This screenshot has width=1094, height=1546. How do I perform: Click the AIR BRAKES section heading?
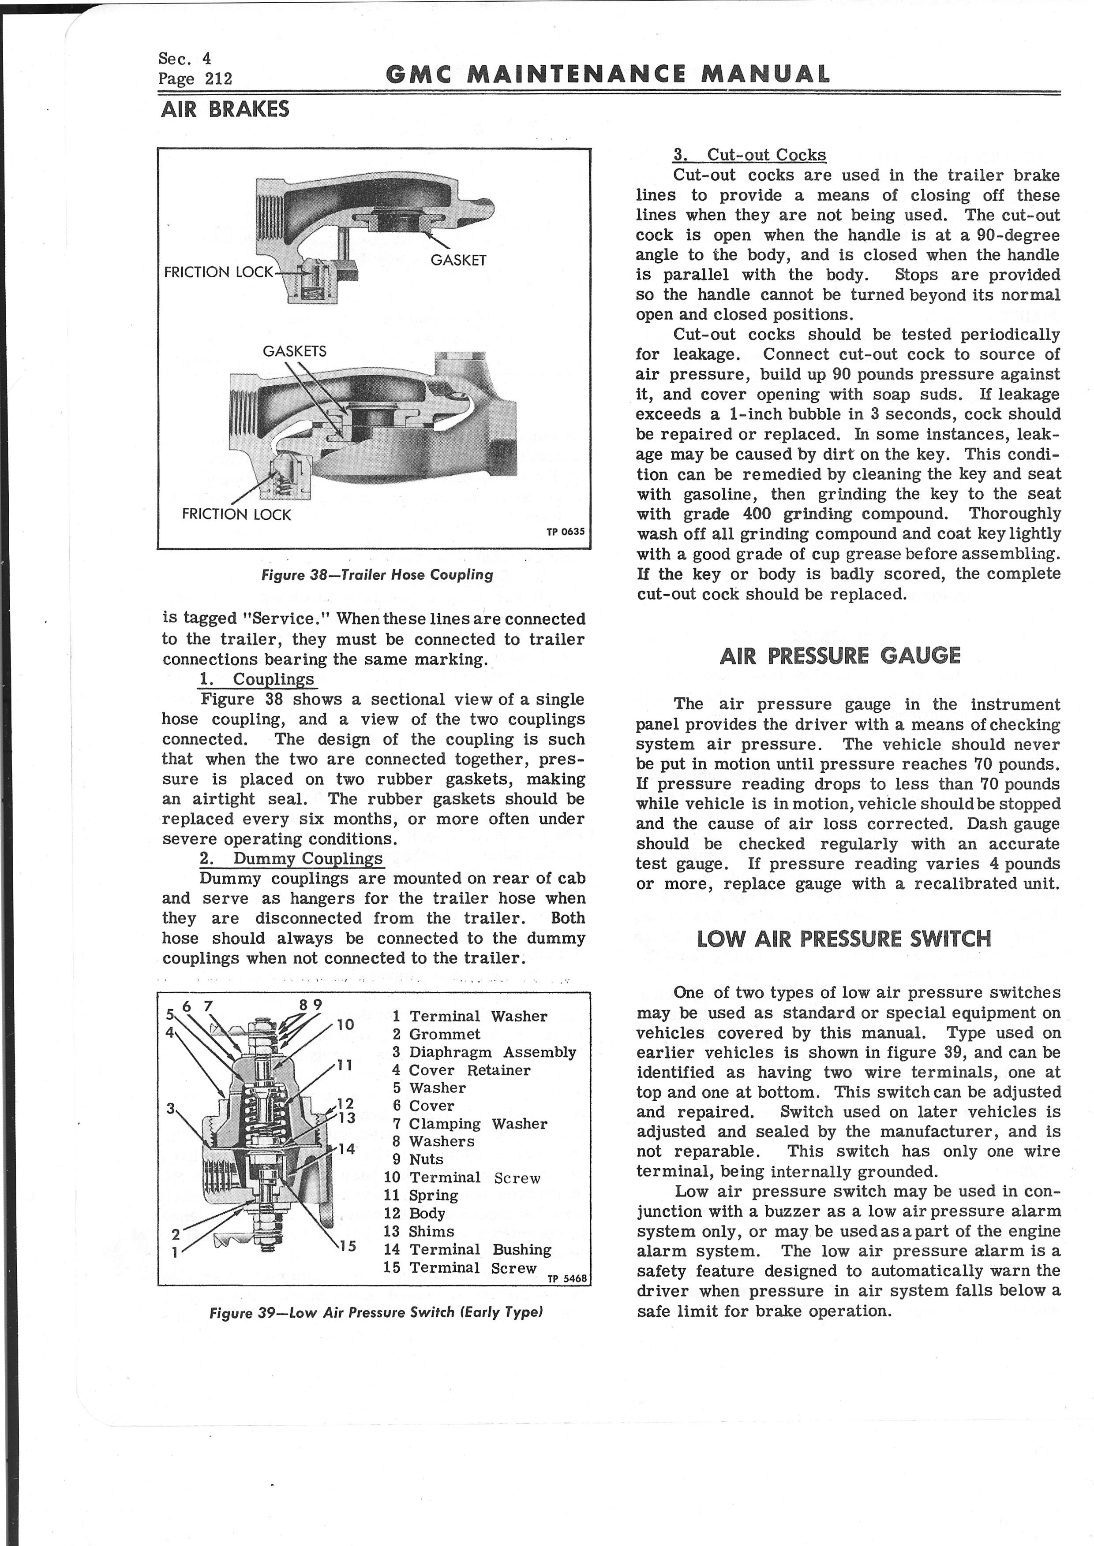pyautogui.click(x=225, y=109)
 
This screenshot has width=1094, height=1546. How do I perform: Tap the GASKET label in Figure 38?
pyautogui.click(x=458, y=261)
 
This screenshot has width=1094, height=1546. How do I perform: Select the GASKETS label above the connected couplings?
pyautogui.click(x=294, y=351)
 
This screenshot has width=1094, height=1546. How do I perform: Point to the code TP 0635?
pyautogui.click(x=566, y=531)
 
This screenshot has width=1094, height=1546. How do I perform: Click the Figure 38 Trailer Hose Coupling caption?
pyautogui.click(x=377, y=575)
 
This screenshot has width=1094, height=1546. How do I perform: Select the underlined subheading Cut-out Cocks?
pyautogui.click(x=749, y=155)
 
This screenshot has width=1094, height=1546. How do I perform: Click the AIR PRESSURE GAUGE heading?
pyautogui.click(x=840, y=656)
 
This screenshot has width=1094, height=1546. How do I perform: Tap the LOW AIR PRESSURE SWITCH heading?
pyautogui.click(x=844, y=939)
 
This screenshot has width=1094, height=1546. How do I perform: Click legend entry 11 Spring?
pyautogui.click(x=421, y=1195)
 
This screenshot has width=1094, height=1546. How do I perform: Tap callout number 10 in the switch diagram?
pyautogui.click(x=345, y=1025)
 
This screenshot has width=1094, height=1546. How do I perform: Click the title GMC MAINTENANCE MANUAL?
pyautogui.click(x=607, y=74)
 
